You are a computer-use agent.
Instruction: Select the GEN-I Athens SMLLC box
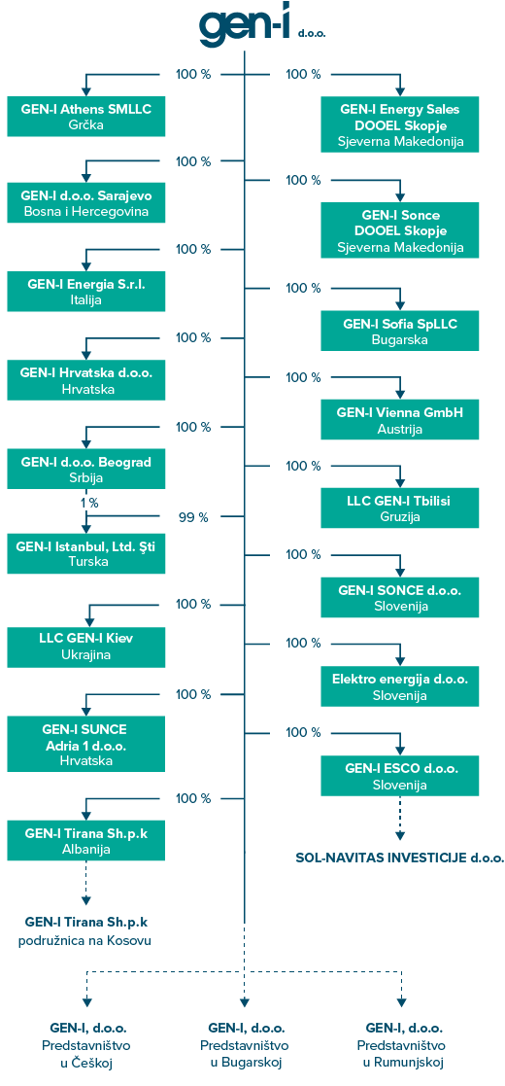click(x=86, y=117)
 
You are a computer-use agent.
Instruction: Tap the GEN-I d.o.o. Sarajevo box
click(x=86, y=203)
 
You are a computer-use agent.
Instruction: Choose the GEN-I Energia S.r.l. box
click(x=86, y=292)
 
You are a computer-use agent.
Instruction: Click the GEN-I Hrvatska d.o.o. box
click(x=86, y=380)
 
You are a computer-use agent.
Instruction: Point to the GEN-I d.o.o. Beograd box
click(x=86, y=469)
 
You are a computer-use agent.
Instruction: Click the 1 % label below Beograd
click(x=87, y=503)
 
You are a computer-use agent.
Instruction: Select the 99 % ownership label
click(x=193, y=516)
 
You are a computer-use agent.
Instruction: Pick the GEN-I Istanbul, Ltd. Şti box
click(x=86, y=553)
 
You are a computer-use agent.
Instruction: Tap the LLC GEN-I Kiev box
click(x=86, y=647)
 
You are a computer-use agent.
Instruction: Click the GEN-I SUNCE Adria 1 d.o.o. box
click(x=86, y=744)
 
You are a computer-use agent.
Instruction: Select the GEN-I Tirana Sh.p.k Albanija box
click(x=86, y=841)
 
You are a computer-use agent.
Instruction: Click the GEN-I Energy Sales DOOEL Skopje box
click(x=399, y=124)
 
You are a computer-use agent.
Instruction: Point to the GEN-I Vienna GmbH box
click(x=399, y=420)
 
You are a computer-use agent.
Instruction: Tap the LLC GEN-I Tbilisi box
click(x=399, y=508)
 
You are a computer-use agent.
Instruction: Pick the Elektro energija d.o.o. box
click(x=399, y=685)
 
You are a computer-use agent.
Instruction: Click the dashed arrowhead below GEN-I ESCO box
click(x=400, y=834)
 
